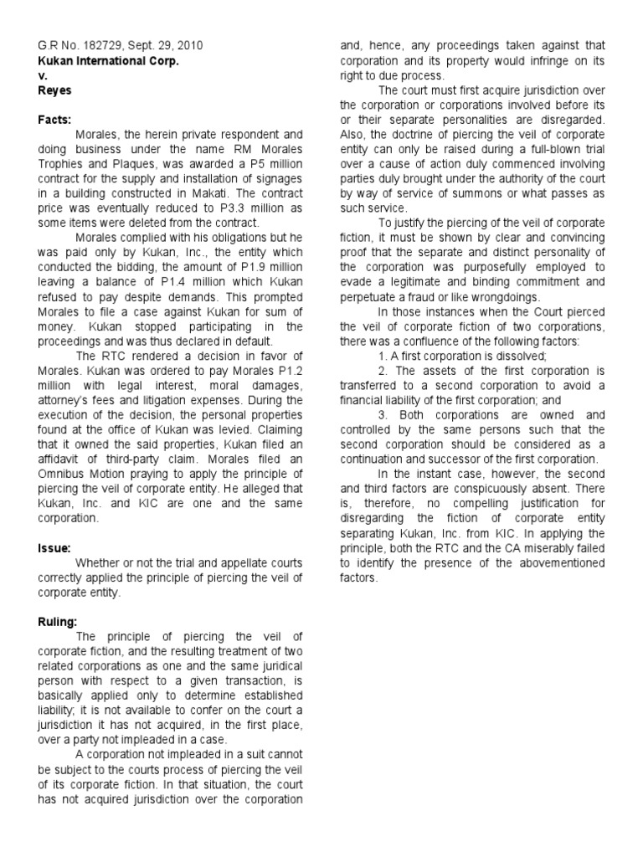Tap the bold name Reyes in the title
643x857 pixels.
pos(53,90)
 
